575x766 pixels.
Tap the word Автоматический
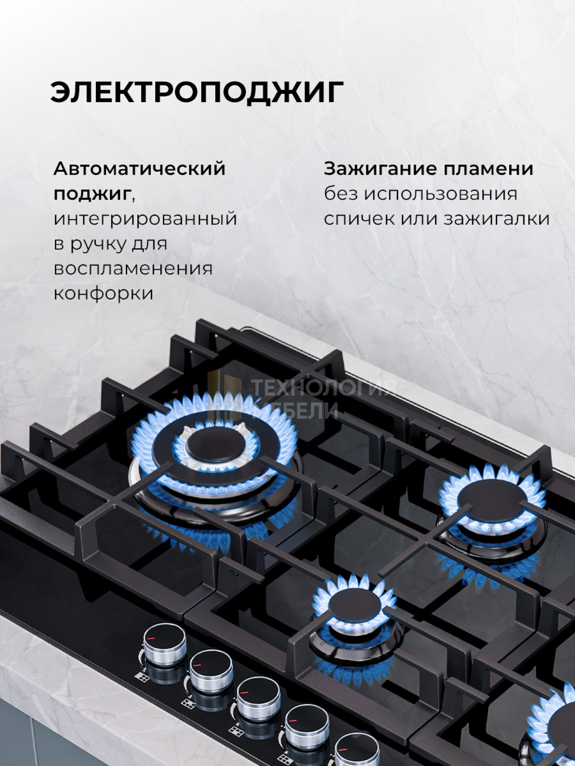click(139, 169)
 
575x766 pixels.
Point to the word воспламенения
click(133, 268)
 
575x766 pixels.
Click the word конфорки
click(103, 294)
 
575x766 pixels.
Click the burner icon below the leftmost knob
click(142, 676)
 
